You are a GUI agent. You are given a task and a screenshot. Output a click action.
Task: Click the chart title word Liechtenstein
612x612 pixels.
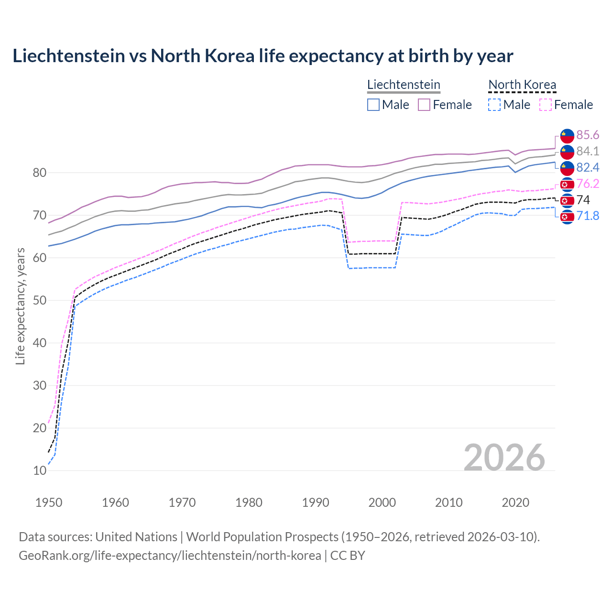click(x=67, y=56)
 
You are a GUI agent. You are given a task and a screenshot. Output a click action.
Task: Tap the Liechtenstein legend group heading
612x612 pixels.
click(x=404, y=85)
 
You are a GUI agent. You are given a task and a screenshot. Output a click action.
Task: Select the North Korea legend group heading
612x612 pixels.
click(x=522, y=85)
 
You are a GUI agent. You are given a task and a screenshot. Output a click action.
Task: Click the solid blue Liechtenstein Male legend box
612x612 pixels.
click(x=373, y=105)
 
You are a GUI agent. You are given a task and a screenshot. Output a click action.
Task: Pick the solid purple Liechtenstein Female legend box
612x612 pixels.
click(x=424, y=105)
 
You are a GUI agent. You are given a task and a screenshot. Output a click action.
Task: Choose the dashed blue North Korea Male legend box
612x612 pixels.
click(x=494, y=105)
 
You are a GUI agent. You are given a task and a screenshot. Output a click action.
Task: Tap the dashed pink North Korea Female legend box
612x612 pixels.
click(x=546, y=105)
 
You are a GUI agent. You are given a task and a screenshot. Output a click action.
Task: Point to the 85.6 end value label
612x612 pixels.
click(x=588, y=135)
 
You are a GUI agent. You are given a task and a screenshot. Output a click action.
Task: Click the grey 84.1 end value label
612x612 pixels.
click(x=588, y=151)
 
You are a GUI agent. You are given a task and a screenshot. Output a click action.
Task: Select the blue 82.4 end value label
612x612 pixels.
click(x=588, y=167)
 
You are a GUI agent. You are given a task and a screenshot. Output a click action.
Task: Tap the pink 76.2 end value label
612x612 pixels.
click(x=588, y=184)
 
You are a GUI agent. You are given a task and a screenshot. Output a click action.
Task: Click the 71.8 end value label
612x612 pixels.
click(x=588, y=216)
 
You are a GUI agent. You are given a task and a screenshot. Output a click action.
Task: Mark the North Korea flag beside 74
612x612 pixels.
click(x=567, y=200)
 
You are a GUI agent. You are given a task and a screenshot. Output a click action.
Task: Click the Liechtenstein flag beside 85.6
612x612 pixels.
click(x=567, y=135)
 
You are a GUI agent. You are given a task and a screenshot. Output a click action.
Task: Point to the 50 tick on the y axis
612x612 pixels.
click(x=40, y=300)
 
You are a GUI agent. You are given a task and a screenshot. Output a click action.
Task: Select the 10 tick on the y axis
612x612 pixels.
click(x=40, y=470)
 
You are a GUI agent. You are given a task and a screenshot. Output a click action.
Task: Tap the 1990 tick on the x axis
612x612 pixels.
click(x=316, y=503)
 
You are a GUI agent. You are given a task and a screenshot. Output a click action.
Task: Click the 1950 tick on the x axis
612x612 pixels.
click(x=49, y=503)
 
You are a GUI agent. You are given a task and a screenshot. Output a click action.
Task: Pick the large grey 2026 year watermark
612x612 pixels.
click(x=504, y=458)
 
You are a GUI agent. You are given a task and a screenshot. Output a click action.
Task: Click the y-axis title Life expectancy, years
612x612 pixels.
click(x=20, y=306)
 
